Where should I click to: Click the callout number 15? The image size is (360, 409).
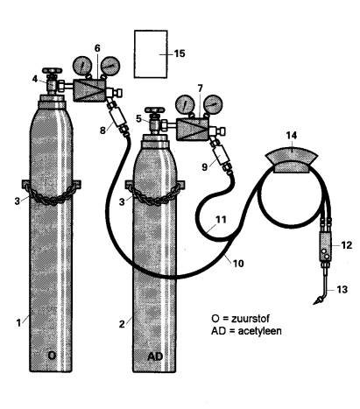click(180, 53)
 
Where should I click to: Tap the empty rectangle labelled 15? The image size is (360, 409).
click(151, 54)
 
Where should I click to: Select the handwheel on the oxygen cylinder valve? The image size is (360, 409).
click(52, 71)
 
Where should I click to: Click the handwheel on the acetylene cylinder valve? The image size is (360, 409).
click(155, 110)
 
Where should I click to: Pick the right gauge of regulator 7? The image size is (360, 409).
click(213, 104)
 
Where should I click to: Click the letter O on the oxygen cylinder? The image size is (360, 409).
click(52, 356)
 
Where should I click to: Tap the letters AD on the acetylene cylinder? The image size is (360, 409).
click(155, 356)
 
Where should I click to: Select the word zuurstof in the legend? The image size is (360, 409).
click(251, 318)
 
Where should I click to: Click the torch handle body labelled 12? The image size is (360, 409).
click(325, 246)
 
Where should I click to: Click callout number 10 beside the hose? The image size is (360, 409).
click(238, 264)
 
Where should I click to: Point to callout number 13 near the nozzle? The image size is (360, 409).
click(342, 290)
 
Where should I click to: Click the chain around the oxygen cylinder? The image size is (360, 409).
click(51, 194)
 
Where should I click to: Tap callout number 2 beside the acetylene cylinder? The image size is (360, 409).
click(122, 324)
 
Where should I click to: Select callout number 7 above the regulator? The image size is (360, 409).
click(200, 88)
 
